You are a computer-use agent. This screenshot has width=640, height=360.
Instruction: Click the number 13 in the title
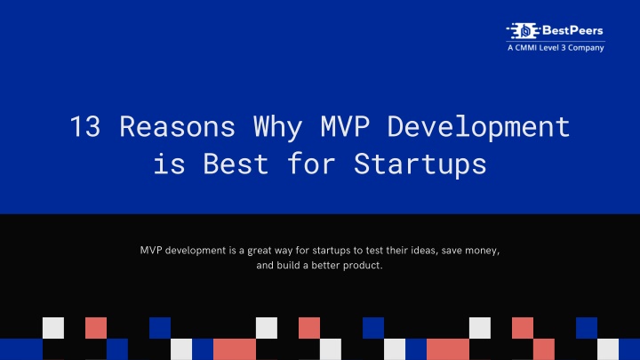click(85, 126)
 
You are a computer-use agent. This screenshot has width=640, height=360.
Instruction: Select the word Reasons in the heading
click(177, 126)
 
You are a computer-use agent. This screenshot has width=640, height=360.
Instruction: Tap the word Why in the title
click(277, 128)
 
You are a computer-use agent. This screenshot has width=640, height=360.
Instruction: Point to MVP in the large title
click(345, 126)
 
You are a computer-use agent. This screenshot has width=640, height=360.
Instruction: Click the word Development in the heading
click(478, 128)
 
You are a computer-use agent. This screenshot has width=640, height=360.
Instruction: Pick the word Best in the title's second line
click(236, 164)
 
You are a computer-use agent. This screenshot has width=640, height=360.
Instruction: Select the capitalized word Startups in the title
click(420, 165)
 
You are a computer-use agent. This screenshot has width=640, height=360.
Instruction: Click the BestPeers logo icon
click(524, 30)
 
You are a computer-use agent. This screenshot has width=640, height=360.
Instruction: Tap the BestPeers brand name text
click(572, 30)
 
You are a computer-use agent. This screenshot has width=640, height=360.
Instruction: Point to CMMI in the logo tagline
click(525, 48)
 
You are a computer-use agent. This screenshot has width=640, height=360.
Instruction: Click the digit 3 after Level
click(564, 48)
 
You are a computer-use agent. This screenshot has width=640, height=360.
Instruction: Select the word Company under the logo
click(586, 48)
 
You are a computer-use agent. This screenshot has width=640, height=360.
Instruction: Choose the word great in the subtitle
click(260, 251)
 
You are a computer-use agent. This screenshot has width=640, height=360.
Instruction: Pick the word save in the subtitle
click(452, 251)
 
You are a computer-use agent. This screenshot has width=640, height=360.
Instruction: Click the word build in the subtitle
click(288, 265)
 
